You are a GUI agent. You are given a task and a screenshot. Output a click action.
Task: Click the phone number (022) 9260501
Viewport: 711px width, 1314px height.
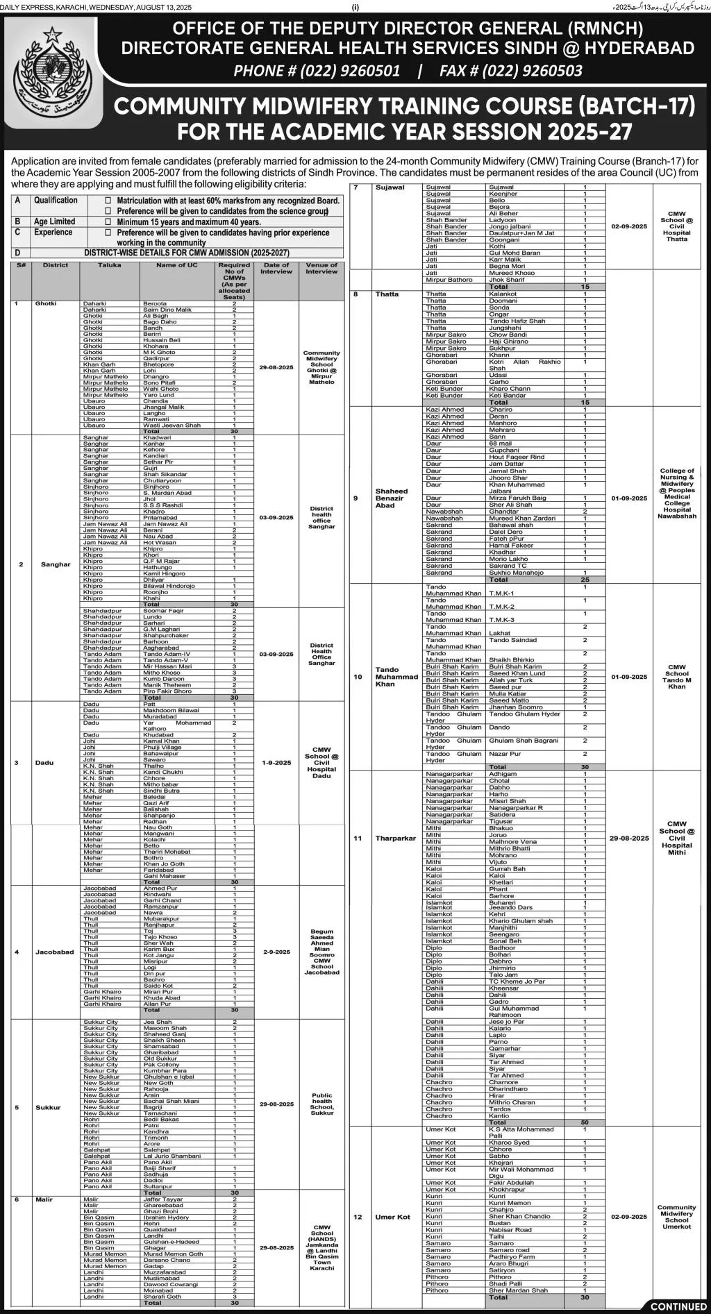[x=317, y=71]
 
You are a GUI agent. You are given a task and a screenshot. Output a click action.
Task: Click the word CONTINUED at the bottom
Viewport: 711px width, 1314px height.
[x=678, y=1306]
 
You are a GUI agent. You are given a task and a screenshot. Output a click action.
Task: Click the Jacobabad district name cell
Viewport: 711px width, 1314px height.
[x=53, y=952]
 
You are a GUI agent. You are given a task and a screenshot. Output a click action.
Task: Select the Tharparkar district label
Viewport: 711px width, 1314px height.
[x=395, y=838]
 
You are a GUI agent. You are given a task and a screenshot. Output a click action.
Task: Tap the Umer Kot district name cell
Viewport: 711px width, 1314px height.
[x=392, y=1217]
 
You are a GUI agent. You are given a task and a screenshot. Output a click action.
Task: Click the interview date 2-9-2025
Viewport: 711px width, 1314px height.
[x=276, y=952]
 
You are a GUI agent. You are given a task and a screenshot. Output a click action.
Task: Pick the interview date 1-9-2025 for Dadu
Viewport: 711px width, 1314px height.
[x=276, y=763]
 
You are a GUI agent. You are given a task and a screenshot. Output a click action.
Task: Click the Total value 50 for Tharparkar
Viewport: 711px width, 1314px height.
[x=585, y=1122]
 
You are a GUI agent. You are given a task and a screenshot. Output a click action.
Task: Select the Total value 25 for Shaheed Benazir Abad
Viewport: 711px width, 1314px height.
[x=585, y=580]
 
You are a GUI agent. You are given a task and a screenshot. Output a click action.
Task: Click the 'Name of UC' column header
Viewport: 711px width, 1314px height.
[x=176, y=265]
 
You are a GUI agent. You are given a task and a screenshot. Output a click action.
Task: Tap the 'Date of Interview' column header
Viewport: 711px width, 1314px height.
[x=276, y=268]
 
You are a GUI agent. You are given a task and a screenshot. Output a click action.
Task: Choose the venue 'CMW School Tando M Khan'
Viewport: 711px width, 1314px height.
[x=676, y=677]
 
